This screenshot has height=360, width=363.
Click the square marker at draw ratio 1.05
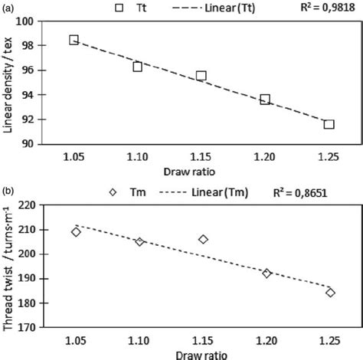pos(74,40)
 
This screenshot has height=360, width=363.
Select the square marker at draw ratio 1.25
pos(329,124)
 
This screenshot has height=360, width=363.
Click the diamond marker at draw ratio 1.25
pos(330,293)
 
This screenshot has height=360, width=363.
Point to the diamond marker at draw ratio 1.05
pos(76,231)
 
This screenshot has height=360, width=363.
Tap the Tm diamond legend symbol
pos(113,192)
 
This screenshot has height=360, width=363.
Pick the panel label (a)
pos(11,7)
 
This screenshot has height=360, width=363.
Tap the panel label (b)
pos(11,191)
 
